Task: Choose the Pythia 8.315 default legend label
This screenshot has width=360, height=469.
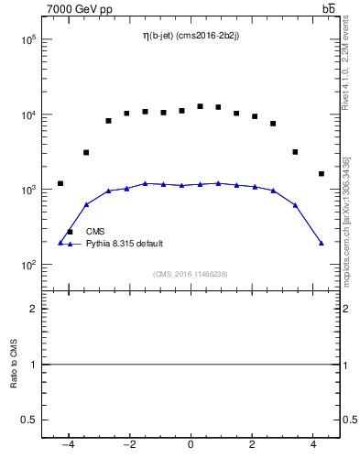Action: point(125,244)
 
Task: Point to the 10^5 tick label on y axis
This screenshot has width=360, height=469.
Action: point(25,40)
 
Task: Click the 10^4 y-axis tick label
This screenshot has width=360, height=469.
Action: point(25,115)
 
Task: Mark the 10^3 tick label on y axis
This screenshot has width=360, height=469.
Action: point(25,191)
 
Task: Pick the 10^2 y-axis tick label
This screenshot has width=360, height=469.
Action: point(25,266)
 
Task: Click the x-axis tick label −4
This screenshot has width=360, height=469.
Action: point(67,446)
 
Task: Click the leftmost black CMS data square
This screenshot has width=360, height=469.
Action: point(60,183)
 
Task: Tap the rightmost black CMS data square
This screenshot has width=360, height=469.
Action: point(322,173)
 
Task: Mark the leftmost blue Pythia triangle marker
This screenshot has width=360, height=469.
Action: point(60,243)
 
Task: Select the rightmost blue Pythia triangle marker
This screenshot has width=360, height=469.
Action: point(322,243)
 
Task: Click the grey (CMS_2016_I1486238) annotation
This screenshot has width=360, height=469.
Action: point(191,274)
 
